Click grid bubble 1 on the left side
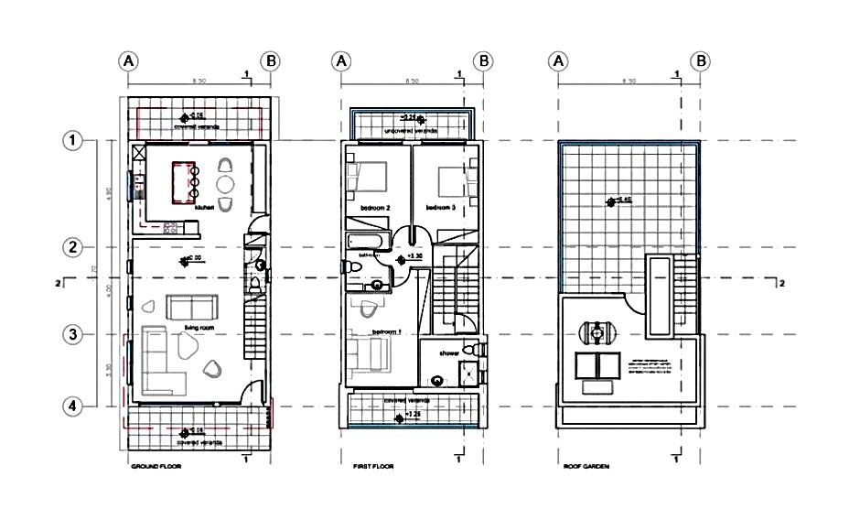tap(72, 141)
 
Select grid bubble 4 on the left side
tap(72, 405)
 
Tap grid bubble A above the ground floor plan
tap(128, 60)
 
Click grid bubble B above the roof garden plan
tap(700, 60)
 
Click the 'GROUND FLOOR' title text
tap(157, 466)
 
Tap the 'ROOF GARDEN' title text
tap(587, 466)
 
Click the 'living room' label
tap(198, 325)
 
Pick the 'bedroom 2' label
tap(375, 208)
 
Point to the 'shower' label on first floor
tap(447, 352)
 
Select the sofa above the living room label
tap(192, 306)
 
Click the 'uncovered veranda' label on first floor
tap(411, 132)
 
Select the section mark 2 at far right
tap(781, 284)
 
